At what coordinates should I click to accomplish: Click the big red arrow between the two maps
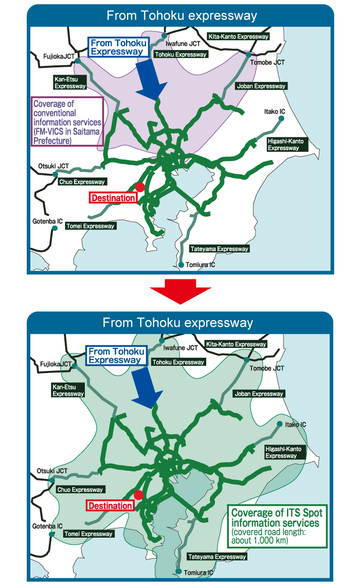[x=180, y=291]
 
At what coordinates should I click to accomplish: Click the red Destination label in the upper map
[x=114, y=198]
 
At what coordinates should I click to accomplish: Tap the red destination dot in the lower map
[x=138, y=495]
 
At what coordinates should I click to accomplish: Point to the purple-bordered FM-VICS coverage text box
[x=67, y=121]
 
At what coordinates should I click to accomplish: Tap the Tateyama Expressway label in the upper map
[x=220, y=249]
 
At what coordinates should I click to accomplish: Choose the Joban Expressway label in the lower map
[x=259, y=394]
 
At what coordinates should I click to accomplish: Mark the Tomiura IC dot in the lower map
[x=178, y=572]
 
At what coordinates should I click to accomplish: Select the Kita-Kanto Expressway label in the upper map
[x=238, y=37]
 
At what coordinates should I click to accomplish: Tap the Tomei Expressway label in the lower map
[x=88, y=534]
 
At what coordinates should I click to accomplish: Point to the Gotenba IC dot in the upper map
[x=54, y=228]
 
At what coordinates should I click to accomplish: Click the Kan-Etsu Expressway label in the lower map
[x=68, y=390]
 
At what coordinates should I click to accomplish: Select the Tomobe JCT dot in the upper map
[x=248, y=55]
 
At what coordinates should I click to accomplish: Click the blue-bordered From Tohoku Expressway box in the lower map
[x=114, y=356]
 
